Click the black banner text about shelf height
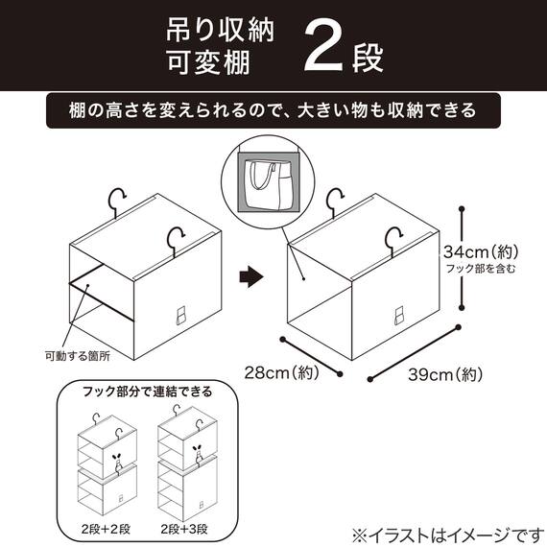[x=273, y=109]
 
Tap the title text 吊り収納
[x=216, y=30]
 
